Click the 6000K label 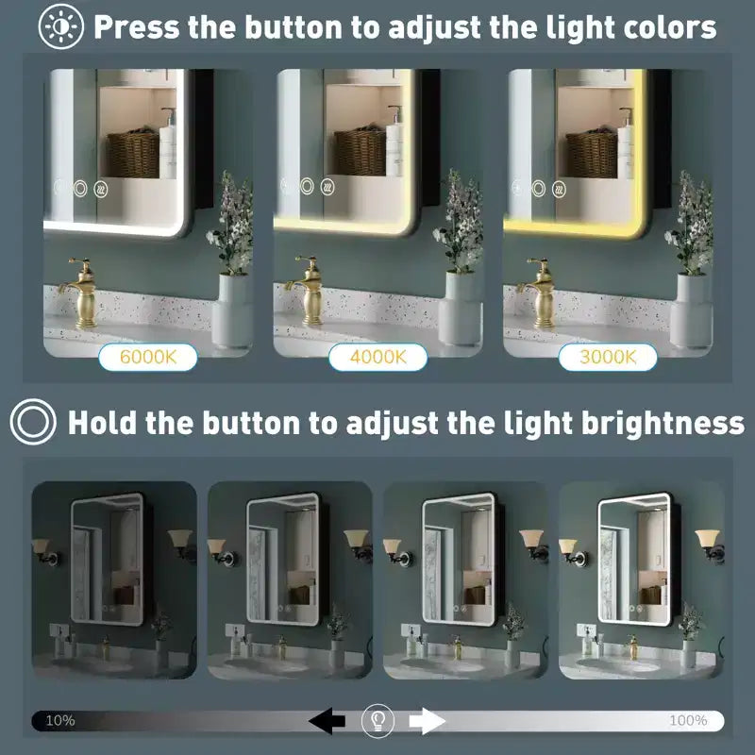pos(148,358)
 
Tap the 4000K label pos(378,358)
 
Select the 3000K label pos(608,358)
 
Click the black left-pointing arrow pos(327,720)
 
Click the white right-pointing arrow pos(428,721)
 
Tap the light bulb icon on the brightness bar pos(378,721)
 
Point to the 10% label pos(60,720)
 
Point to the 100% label pos(688,720)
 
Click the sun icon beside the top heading pos(61,26)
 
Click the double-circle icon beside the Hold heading pos(33,422)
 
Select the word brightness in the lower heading pos(663,423)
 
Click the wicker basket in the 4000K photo pos(360,152)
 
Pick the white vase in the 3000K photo pos(692,310)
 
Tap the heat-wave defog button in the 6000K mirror pos(101,190)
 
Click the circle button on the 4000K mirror pos(307,186)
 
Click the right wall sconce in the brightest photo pos(710,545)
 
